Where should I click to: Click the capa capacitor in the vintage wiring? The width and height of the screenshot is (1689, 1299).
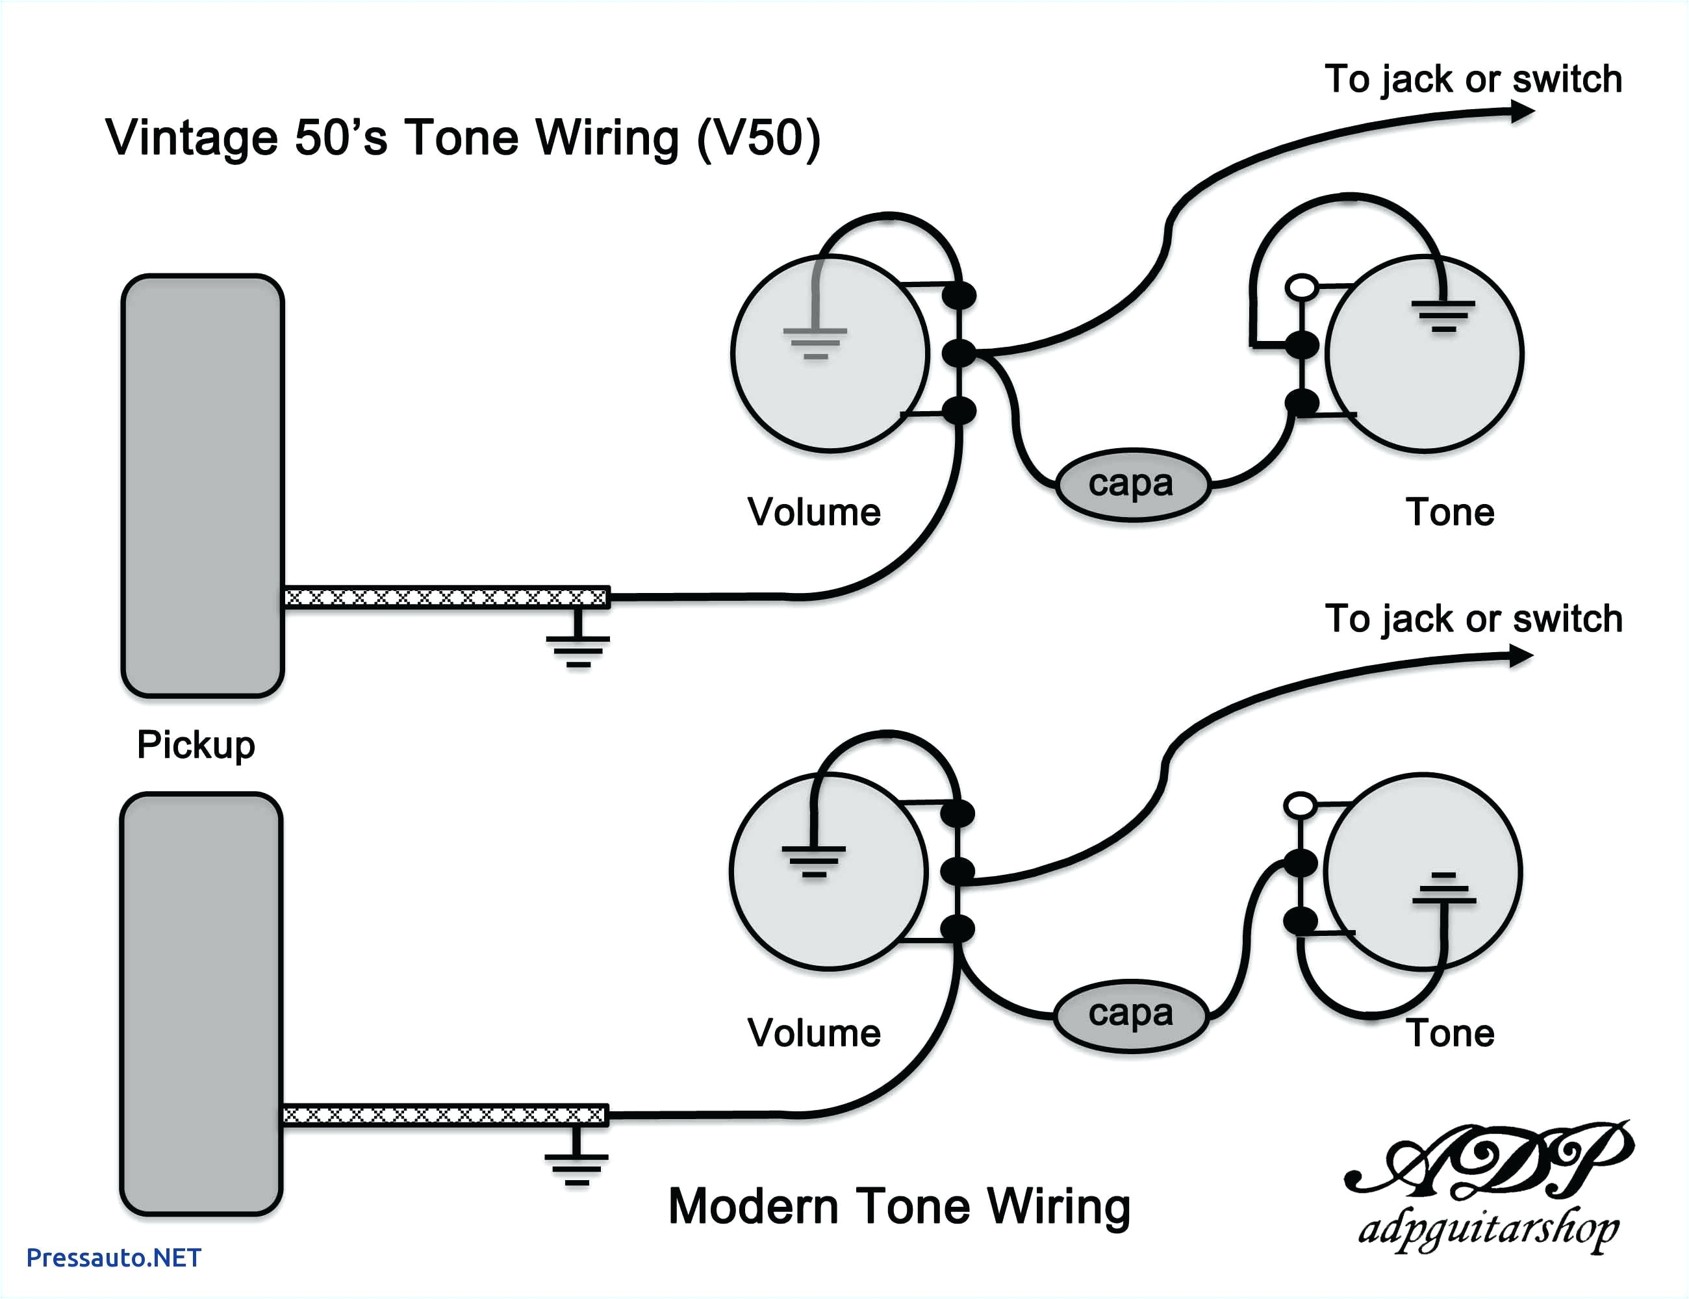click(1132, 485)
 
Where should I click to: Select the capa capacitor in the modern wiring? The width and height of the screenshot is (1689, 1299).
click(1130, 1015)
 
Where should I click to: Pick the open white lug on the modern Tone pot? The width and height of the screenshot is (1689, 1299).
click(1300, 805)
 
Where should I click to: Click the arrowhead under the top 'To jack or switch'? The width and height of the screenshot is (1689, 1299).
click(1522, 113)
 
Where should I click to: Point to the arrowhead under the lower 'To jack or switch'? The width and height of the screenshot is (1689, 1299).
click(1520, 657)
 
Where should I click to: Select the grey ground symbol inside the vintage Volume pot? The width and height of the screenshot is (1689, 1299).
click(815, 340)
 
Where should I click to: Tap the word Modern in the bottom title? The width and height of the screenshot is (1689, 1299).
click(752, 1206)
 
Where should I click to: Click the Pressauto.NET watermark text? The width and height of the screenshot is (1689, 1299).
click(114, 1258)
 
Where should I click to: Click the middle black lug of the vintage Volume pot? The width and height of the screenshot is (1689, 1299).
click(959, 353)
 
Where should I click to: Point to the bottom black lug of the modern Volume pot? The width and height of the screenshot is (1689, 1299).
click(958, 929)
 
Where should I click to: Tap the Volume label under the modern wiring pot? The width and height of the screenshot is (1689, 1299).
click(813, 1033)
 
